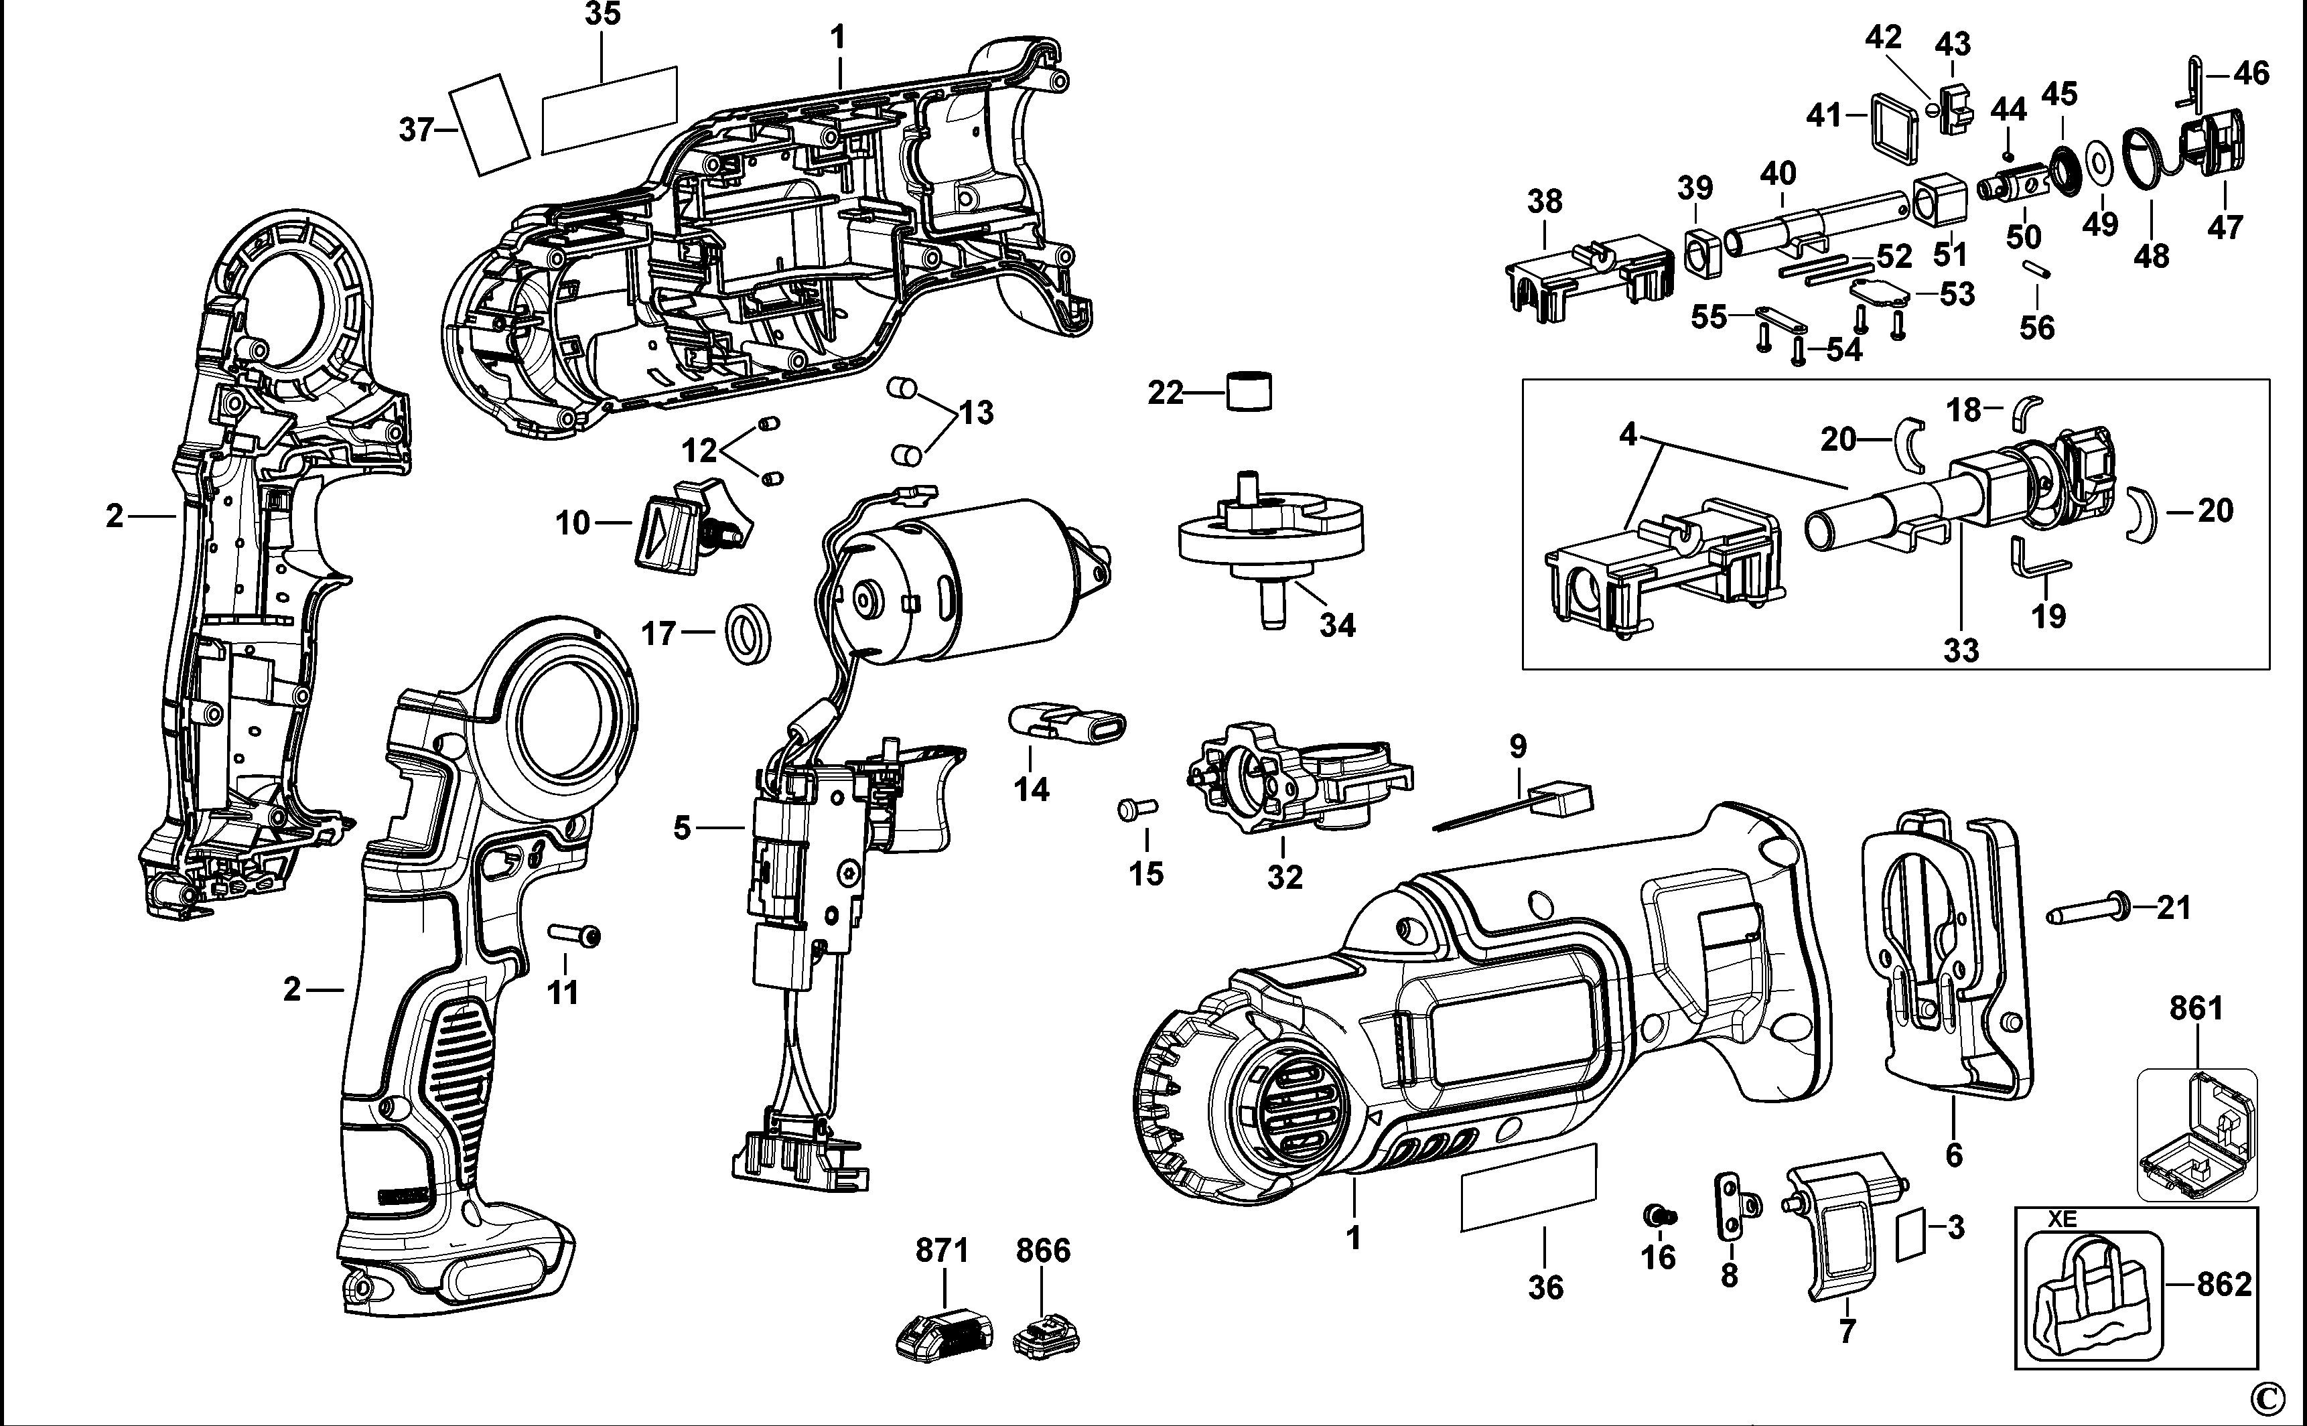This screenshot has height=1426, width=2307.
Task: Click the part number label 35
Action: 603,15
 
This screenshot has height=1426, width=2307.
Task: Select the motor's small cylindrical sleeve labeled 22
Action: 1250,391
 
